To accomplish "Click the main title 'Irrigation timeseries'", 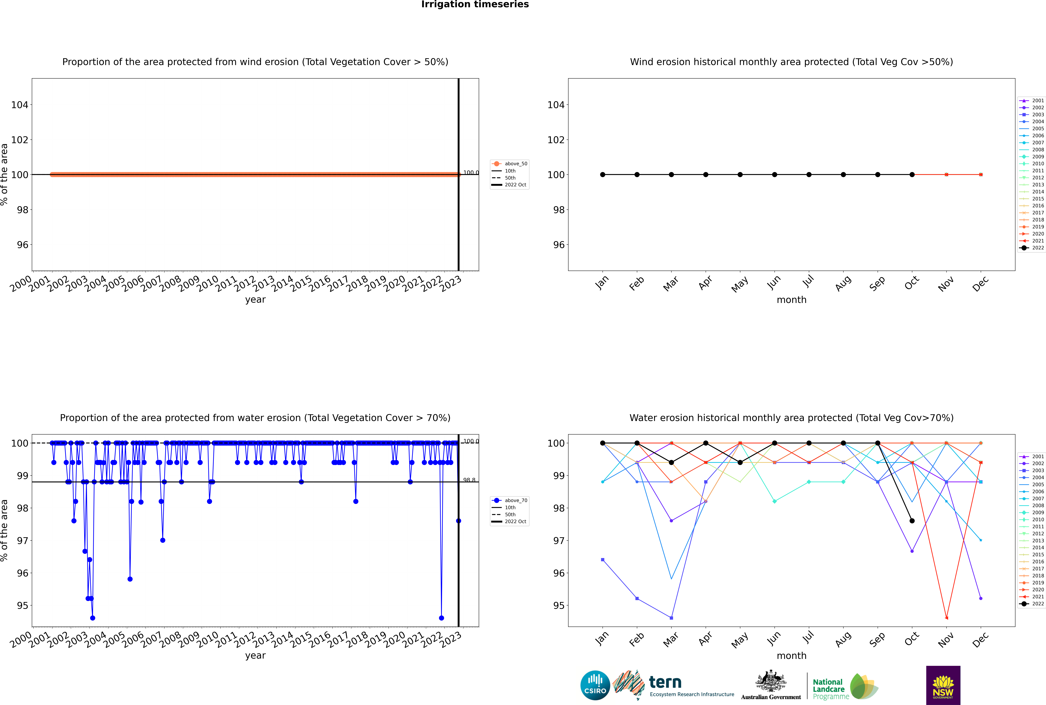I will (475, 4).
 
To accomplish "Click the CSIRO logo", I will (595, 685).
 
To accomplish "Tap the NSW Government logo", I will (943, 685).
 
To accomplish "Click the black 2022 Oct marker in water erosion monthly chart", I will (912, 521).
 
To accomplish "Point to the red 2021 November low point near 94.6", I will (947, 618).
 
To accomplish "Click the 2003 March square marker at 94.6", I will (671, 618).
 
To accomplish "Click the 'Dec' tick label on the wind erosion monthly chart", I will (980, 284).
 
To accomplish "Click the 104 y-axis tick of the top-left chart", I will (20, 105).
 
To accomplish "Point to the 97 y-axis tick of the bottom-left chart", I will (22, 540).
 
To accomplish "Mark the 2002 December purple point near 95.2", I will (981, 598).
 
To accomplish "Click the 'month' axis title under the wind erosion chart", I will (791, 300).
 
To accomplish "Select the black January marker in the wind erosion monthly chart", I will (603, 174).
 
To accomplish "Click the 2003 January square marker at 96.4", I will (603, 560).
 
